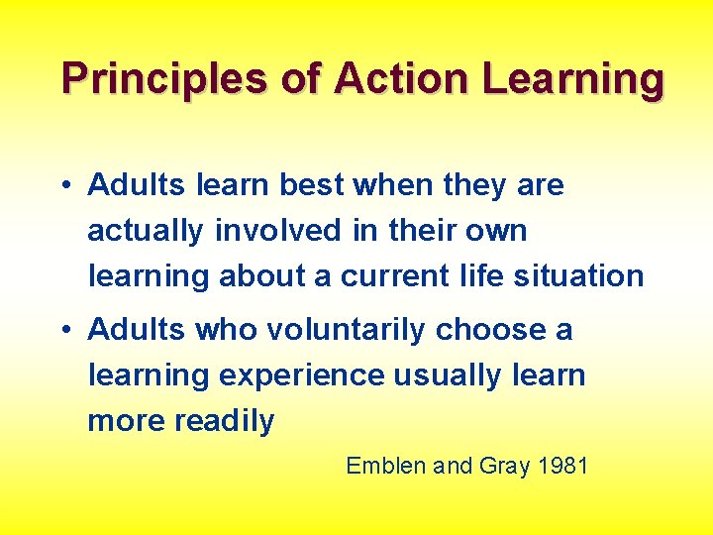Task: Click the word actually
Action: (145, 231)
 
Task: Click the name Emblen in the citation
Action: (386, 466)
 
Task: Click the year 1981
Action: (563, 466)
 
